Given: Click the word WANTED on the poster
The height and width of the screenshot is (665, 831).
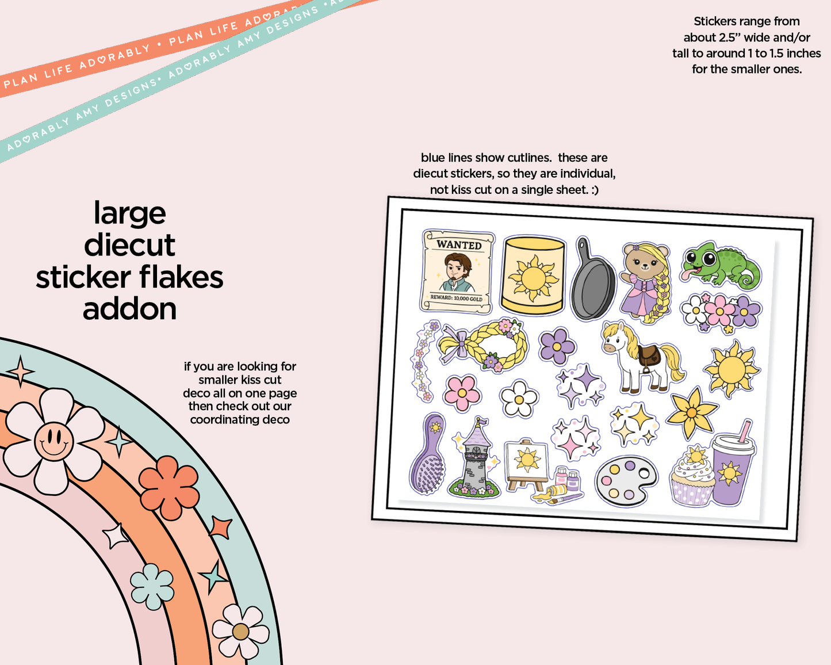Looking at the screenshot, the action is [x=459, y=244].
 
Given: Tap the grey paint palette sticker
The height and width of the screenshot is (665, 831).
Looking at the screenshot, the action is [x=626, y=481].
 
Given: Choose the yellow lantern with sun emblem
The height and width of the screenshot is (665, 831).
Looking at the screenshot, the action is [x=533, y=276].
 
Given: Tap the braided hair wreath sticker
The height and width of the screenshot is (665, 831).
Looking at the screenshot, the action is [x=484, y=344].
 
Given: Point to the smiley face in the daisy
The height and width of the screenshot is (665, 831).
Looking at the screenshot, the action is [x=53, y=441].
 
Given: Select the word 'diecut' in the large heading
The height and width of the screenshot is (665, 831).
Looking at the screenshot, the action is [x=130, y=245].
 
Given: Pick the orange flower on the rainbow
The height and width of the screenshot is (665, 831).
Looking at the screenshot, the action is [x=169, y=488].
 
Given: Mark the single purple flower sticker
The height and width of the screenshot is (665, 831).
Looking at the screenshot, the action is [x=557, y=346].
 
